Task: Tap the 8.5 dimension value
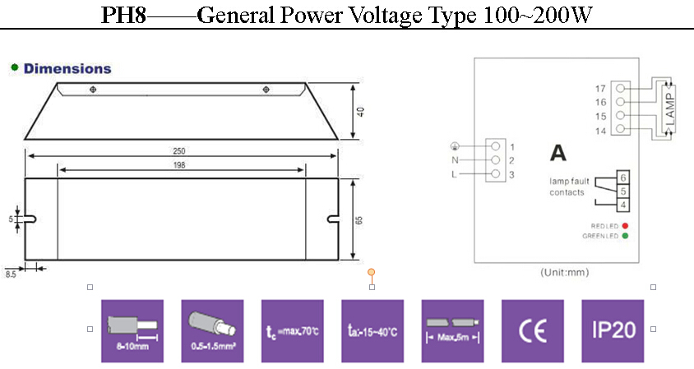tap(11, 274)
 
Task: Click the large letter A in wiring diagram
tap(558, 153)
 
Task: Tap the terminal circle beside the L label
tap(496, 174)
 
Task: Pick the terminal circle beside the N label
tap(496, 159)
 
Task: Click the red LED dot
tap(626, 225)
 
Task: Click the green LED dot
tap(626, 237)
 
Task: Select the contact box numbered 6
tap(624, 178)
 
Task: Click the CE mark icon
tap(533, 330)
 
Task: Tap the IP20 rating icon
tap(613, 330)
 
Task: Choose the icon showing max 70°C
tap(292, 330)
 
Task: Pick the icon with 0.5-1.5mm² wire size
tap(212, 330)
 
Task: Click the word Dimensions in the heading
tap(67, 69)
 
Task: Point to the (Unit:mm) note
tap(564, 271)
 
